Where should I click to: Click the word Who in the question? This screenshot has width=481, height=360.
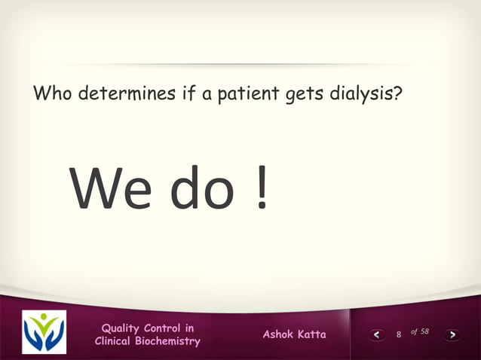click(x=53, y=96)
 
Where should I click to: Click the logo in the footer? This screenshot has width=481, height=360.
click(x=44, y=332)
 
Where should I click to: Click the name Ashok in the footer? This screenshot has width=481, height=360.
click(x=278, y=334)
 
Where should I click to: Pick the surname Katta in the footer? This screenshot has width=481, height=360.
click(x=312, y=334)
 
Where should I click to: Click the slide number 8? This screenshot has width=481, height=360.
click(x=399, y=334)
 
